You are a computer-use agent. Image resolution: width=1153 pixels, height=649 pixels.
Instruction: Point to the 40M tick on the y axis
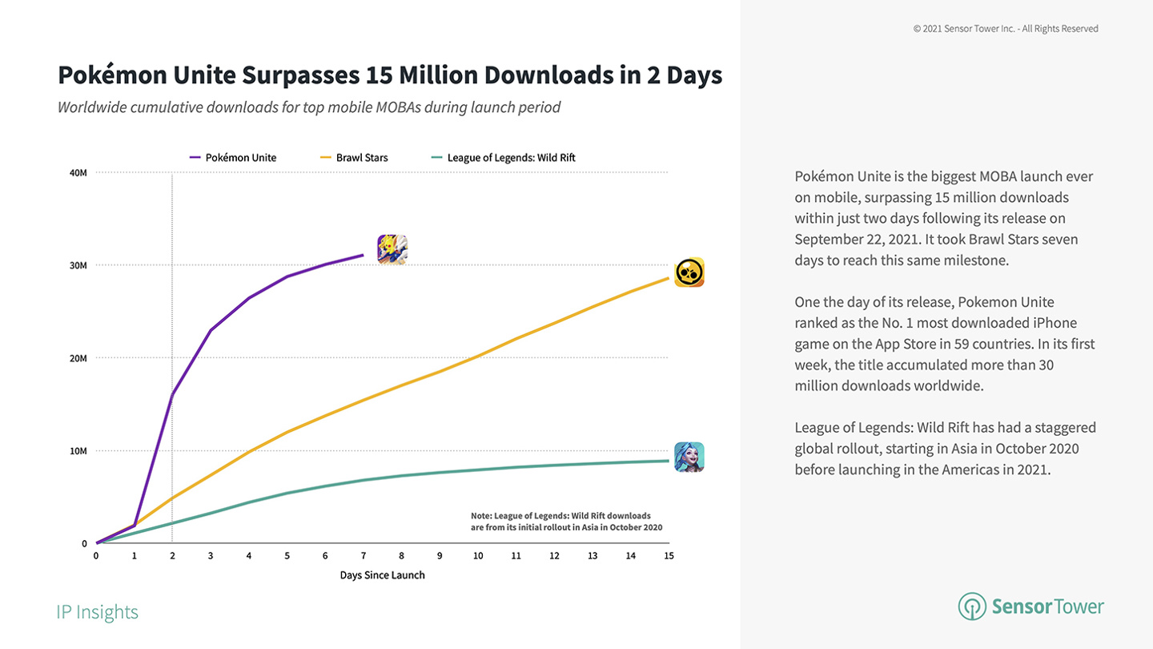[x=78, y=172]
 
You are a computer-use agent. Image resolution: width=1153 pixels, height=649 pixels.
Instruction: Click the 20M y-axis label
[x=78, y=358]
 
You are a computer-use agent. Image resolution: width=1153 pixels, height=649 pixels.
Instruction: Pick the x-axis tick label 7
[x=364, y=556]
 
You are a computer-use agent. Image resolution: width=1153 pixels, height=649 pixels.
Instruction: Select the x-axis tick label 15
[x=669, y=556]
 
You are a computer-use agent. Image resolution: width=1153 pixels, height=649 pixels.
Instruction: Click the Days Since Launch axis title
[x=382, y=575]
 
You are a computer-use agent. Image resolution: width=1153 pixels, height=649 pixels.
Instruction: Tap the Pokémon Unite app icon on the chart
[x=392, y=249]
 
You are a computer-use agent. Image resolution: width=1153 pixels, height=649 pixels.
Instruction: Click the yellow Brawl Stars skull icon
[x=689, y=272]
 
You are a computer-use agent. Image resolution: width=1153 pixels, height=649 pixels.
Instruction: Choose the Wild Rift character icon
[x=689, y=457]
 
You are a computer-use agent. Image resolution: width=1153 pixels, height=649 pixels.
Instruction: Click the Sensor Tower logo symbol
[x=972, y=606]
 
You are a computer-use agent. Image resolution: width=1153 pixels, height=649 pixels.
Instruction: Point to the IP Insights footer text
[x=97, y=612]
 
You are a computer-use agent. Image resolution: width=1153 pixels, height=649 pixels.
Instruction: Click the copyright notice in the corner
[x=1006, y=29]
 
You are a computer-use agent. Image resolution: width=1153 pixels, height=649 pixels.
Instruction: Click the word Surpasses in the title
[x=299, y=75]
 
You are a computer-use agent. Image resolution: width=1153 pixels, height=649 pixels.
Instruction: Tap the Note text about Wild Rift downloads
[x=566, y=522]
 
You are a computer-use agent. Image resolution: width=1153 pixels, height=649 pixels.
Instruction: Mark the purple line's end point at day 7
[x=364, y=256]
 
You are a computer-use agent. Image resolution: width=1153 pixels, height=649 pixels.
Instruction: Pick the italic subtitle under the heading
[x=309, y=107]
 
